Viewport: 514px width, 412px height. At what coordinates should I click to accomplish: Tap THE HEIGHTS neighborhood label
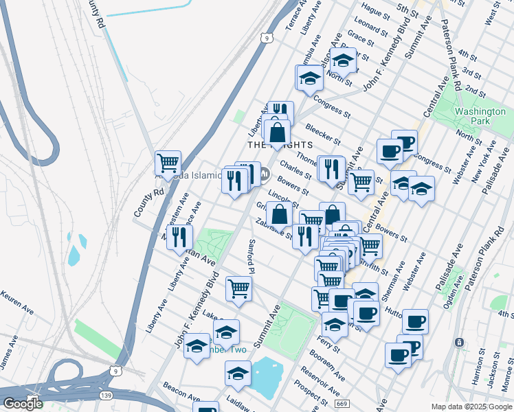(280, 145)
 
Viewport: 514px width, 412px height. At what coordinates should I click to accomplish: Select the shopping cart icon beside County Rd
(168, 163)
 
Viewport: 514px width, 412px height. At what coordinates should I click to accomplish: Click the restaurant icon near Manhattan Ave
(179, 237)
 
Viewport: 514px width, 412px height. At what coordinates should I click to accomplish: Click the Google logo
(23, 404)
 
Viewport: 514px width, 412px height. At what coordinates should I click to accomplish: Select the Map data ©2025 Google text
(472, 407)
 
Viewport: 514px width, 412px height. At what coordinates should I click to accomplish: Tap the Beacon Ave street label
(181, 394)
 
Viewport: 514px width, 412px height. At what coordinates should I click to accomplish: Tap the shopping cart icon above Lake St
(238, 288)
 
